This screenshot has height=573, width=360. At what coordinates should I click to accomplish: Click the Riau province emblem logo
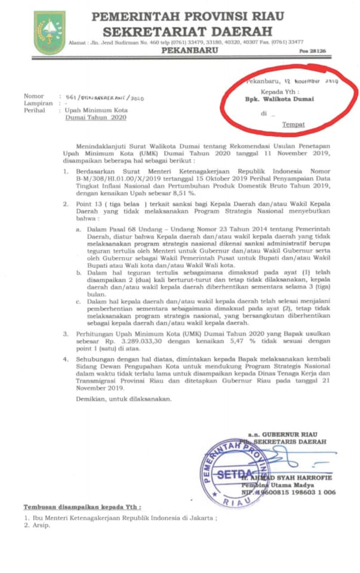click(49, 33)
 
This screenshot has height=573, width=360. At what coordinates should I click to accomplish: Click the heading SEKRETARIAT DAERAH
click(186, 30)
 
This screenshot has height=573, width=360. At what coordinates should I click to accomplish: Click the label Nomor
click(33, 96)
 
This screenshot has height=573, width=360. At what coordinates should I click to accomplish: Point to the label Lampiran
click(36, 103)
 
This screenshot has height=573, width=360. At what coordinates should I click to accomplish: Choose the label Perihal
click(35, 110)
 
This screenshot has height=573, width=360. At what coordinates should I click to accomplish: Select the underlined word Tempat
click(293, 124)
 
